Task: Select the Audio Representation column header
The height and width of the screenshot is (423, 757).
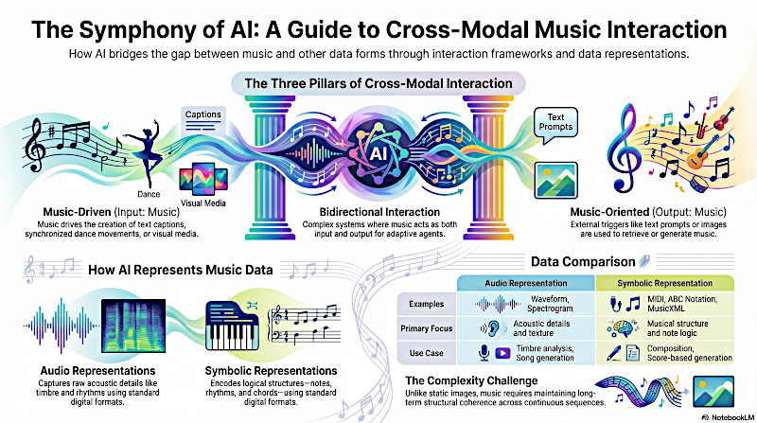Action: click(525, 283)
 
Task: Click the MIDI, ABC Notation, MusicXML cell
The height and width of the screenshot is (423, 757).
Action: click(681, 305)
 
